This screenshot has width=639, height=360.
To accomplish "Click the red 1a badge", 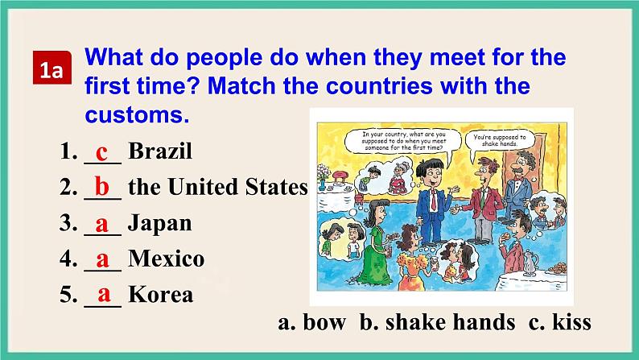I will (52, 72).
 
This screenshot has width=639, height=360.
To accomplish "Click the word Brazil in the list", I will (160, 151).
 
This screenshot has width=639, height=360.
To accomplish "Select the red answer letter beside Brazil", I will (101, 151).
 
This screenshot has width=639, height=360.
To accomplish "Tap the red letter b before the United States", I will (102, 187).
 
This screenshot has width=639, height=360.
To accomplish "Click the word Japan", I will (159, 223).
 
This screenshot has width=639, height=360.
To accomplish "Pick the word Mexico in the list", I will (166, 259).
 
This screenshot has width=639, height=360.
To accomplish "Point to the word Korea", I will (160, 294).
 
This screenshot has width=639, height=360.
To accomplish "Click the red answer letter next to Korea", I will (103, 294).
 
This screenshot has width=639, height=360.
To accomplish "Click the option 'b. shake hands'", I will (437, 322).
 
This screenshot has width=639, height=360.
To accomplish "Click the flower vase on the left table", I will (324, 173).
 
